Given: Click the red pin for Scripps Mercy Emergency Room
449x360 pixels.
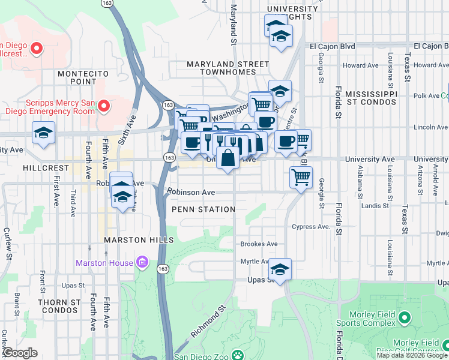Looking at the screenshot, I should pyautogui.click(x=103, y=106).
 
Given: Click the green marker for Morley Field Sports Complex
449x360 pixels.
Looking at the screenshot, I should pyautogui.click(x=405, y=316).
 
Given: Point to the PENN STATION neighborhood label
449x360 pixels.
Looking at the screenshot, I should pyautogui.click(x=203, y=209).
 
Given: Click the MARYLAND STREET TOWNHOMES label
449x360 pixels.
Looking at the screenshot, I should pyautogui.click(x=228, y=68).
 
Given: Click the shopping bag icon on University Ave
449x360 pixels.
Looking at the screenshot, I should pyautogui.click(x=228, y=159).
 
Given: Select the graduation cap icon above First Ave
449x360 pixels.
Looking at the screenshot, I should pyautogui.click(x=44, y=133).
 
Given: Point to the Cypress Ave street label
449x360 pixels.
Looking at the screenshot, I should pyautogui.click(x=310, y=227).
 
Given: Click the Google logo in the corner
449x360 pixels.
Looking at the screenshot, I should pyautogui.click(x=20, y=353).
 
